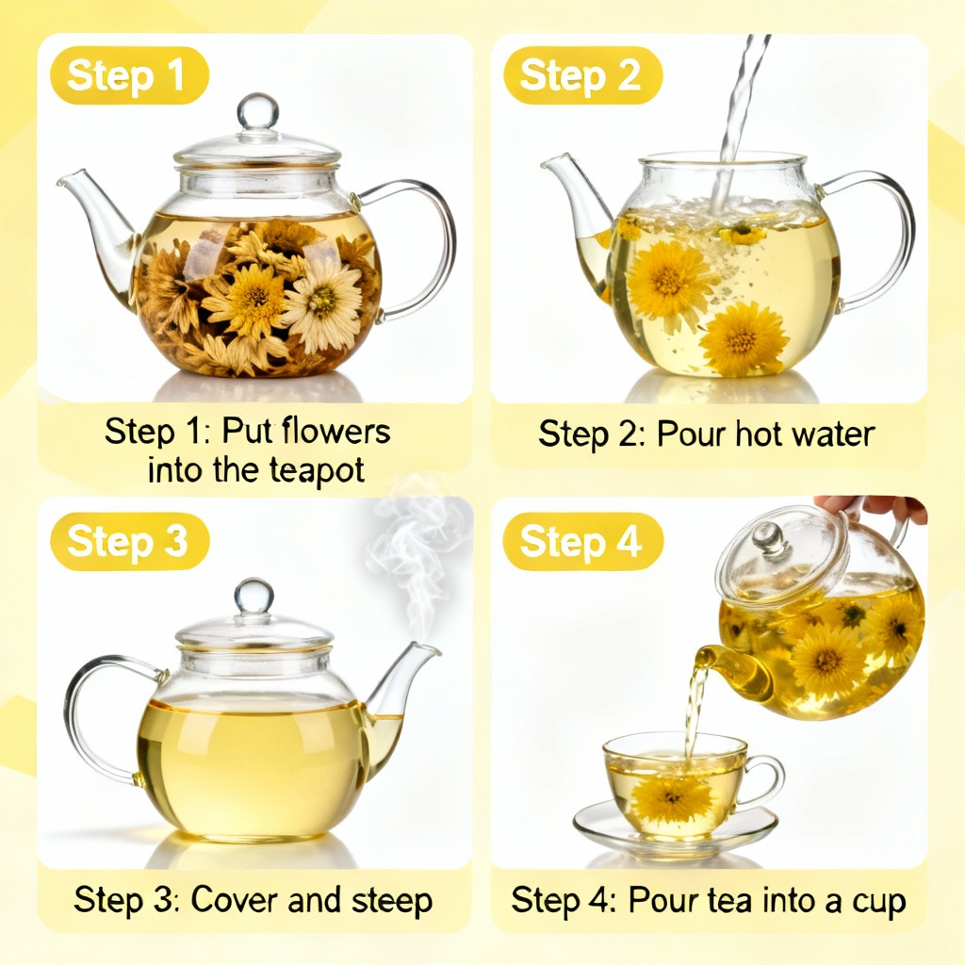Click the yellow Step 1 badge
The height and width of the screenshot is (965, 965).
click(127, 76)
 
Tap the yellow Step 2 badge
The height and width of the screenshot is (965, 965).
click(581, 76)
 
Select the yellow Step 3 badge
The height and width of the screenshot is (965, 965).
click(128, 543)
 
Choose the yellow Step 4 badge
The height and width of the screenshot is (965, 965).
click(581, 543)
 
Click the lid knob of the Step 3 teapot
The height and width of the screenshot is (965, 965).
click(254, 597)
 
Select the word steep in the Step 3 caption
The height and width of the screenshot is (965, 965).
click(389, 900)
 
